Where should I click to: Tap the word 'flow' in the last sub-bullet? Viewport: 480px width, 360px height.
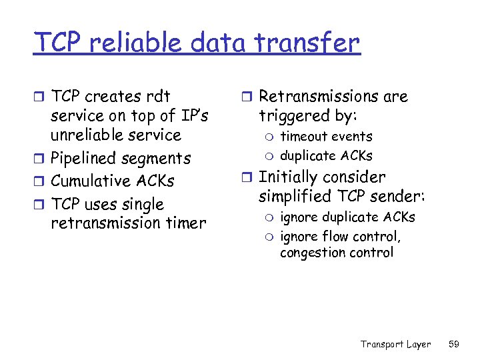(336, 237)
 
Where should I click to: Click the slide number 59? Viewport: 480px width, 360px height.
(454, 344)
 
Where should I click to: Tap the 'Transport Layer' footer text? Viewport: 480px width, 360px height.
(395, 344)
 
